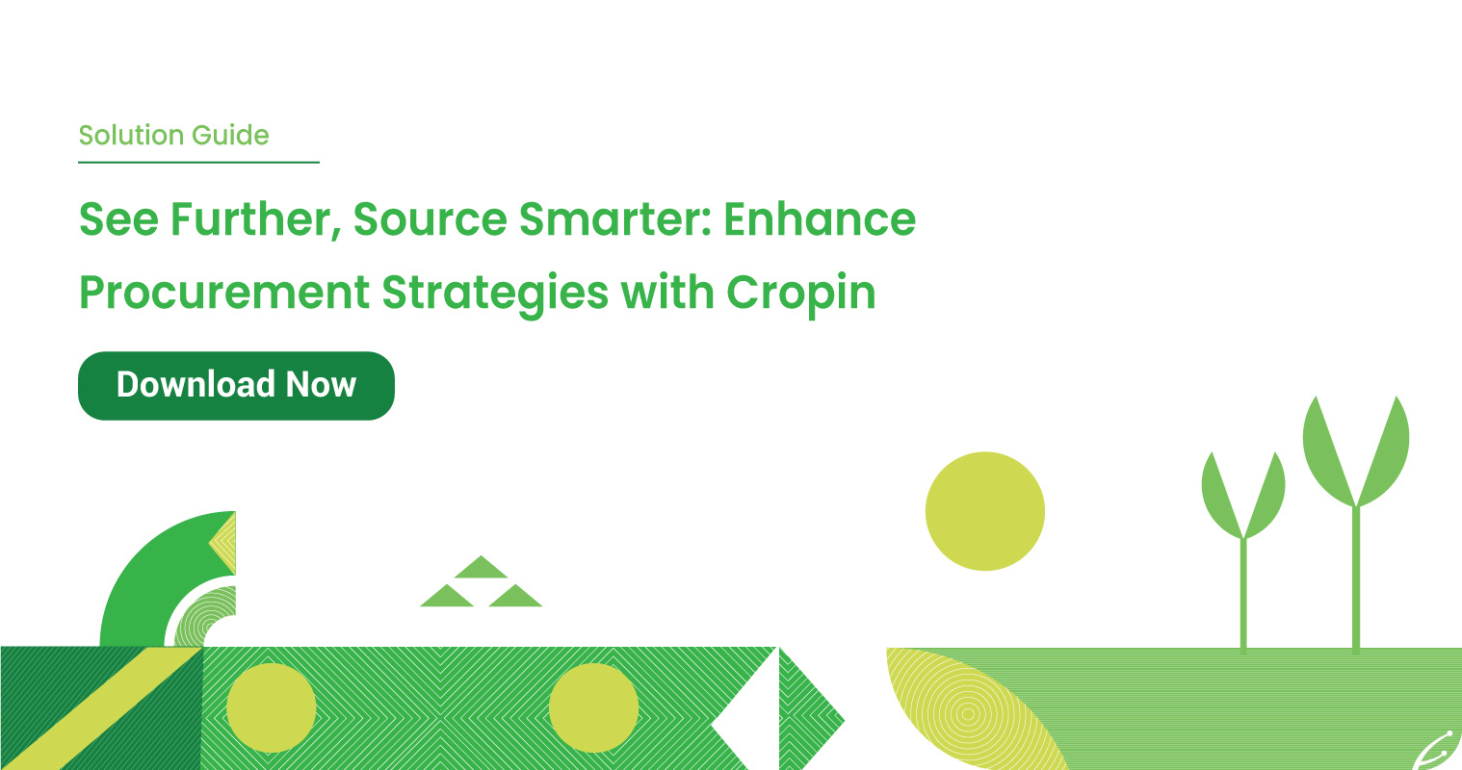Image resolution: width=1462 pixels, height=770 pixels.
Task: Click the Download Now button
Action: [236, 385]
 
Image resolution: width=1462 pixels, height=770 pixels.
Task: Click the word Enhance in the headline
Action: [820, 219]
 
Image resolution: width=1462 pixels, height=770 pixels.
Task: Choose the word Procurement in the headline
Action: [224, 292]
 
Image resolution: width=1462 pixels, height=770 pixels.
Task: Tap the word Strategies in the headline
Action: [495, 294]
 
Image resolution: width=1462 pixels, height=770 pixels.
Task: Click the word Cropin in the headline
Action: [801, 294]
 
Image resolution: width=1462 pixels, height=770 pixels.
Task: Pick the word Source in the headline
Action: [431, 219]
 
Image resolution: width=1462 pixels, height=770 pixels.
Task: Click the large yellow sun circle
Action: [985, 511]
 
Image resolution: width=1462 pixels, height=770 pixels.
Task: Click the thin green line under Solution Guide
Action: [198, 162]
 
